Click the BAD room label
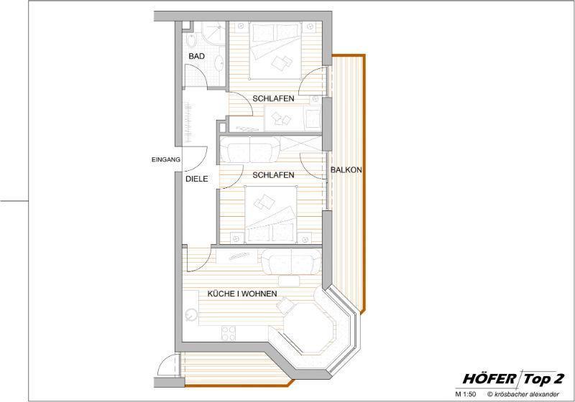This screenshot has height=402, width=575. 196,57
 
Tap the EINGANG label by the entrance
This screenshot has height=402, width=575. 166,159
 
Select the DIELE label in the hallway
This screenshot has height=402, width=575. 196,179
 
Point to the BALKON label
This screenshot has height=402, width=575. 346,170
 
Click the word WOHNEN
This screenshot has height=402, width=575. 259,294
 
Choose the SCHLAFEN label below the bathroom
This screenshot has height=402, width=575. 273,99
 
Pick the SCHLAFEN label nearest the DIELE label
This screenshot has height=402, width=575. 273,175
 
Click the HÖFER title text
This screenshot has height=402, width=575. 489,379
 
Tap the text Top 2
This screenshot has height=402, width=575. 543,379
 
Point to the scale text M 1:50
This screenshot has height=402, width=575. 465,394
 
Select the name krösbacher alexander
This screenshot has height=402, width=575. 527,394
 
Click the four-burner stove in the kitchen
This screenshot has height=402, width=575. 229,334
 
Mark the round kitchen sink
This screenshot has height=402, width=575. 191,315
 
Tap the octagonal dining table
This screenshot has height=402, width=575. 308,327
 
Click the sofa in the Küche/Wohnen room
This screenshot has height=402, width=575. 292,261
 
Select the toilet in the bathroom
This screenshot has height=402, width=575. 191,40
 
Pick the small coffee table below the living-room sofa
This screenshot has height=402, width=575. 289,281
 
